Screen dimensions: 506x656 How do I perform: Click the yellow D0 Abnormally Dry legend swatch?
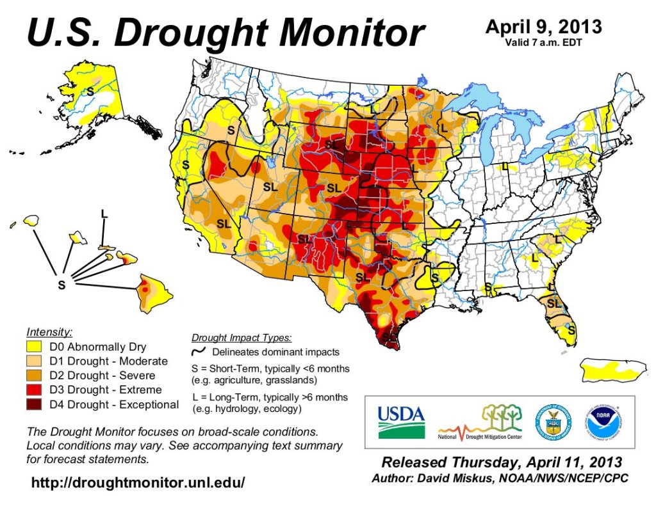36,347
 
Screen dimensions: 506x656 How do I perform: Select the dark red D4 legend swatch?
36,404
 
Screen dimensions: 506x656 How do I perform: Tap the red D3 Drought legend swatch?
36,390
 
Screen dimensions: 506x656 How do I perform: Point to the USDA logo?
401,422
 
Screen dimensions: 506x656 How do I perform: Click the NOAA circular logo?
603,423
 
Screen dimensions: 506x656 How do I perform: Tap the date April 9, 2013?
543,27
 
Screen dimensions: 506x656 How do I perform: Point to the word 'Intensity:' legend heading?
49,332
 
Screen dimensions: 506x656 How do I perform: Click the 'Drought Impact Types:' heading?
242,337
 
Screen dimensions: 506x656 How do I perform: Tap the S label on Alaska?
90,91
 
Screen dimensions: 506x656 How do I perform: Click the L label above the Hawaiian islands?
104,214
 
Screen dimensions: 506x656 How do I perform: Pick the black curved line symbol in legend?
200,351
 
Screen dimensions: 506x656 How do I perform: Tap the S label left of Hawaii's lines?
61,285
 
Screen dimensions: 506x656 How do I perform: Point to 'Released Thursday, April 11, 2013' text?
501,462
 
